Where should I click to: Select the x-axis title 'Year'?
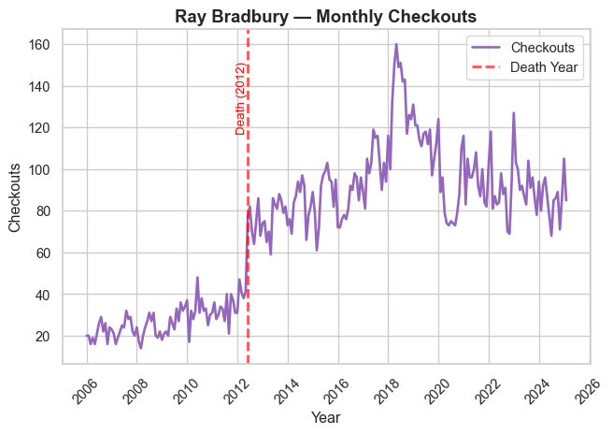326,417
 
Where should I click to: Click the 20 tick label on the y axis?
54,336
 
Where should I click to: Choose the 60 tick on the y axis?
54,253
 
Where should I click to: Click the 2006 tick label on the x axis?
86,388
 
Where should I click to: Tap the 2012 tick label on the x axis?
236,388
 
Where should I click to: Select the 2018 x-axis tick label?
387,388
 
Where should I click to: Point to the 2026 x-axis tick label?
587,388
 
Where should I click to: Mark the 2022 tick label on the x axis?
487,388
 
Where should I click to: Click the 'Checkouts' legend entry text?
549,47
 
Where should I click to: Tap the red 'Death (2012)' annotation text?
240,99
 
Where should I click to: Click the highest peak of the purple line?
396,44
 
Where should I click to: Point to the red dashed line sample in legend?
484,67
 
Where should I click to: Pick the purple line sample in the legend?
484,47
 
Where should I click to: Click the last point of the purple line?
565,200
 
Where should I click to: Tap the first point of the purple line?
87,336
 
